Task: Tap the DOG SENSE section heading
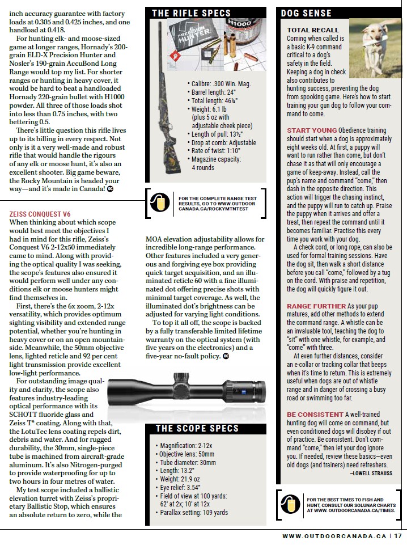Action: point(309,13)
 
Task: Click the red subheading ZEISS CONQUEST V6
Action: point(40,214)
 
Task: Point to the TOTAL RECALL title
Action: point(313,30)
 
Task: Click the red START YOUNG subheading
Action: point(311,130)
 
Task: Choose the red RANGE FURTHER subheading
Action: point(316,306)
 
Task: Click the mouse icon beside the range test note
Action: point(160,200)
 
